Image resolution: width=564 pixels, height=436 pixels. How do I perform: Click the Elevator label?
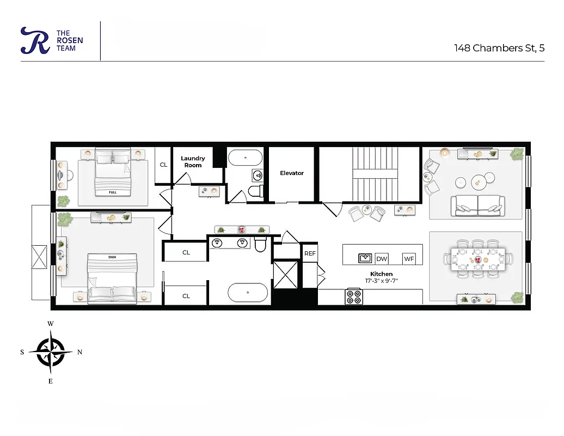[292, 173]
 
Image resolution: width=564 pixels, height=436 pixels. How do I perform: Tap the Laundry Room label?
[193, 162]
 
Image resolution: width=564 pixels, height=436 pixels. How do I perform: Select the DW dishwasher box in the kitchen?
[382, 259]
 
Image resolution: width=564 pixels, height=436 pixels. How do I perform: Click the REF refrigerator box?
[310, 253]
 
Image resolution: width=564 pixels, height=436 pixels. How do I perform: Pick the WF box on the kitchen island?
[409, 259]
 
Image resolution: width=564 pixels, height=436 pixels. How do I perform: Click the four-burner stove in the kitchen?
[354, 296]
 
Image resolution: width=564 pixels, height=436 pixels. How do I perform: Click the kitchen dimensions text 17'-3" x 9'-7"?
[381, 281]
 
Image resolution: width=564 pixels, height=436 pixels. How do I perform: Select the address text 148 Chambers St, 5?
[499, 48]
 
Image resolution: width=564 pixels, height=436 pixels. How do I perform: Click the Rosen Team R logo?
[35, 41]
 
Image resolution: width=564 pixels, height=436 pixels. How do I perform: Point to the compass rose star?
[50, 352]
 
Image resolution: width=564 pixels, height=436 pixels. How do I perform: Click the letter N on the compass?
[79, 352]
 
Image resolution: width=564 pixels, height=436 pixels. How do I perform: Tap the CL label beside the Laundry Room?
[163, 165]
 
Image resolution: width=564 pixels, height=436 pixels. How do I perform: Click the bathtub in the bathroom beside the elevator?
[245, 158]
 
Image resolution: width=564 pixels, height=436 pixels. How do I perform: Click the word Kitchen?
[381, 274]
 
